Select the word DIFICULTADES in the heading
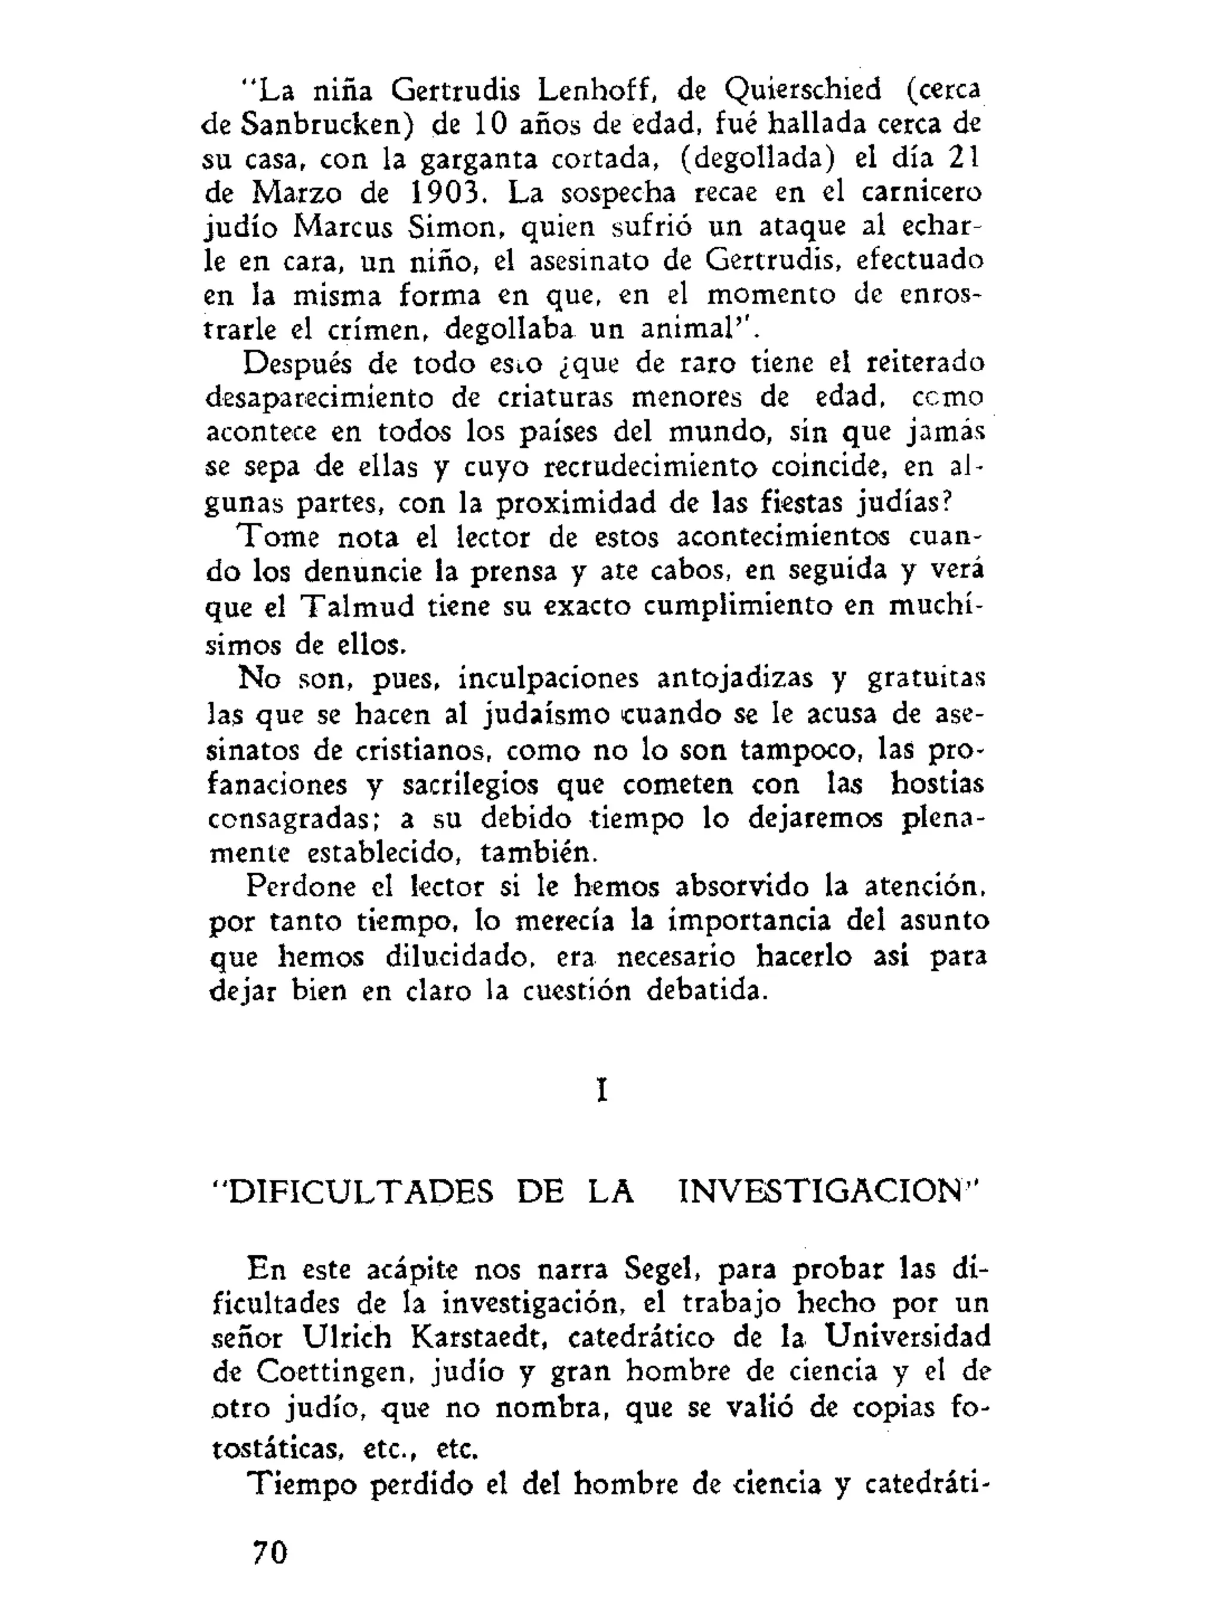coord(353,1193)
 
